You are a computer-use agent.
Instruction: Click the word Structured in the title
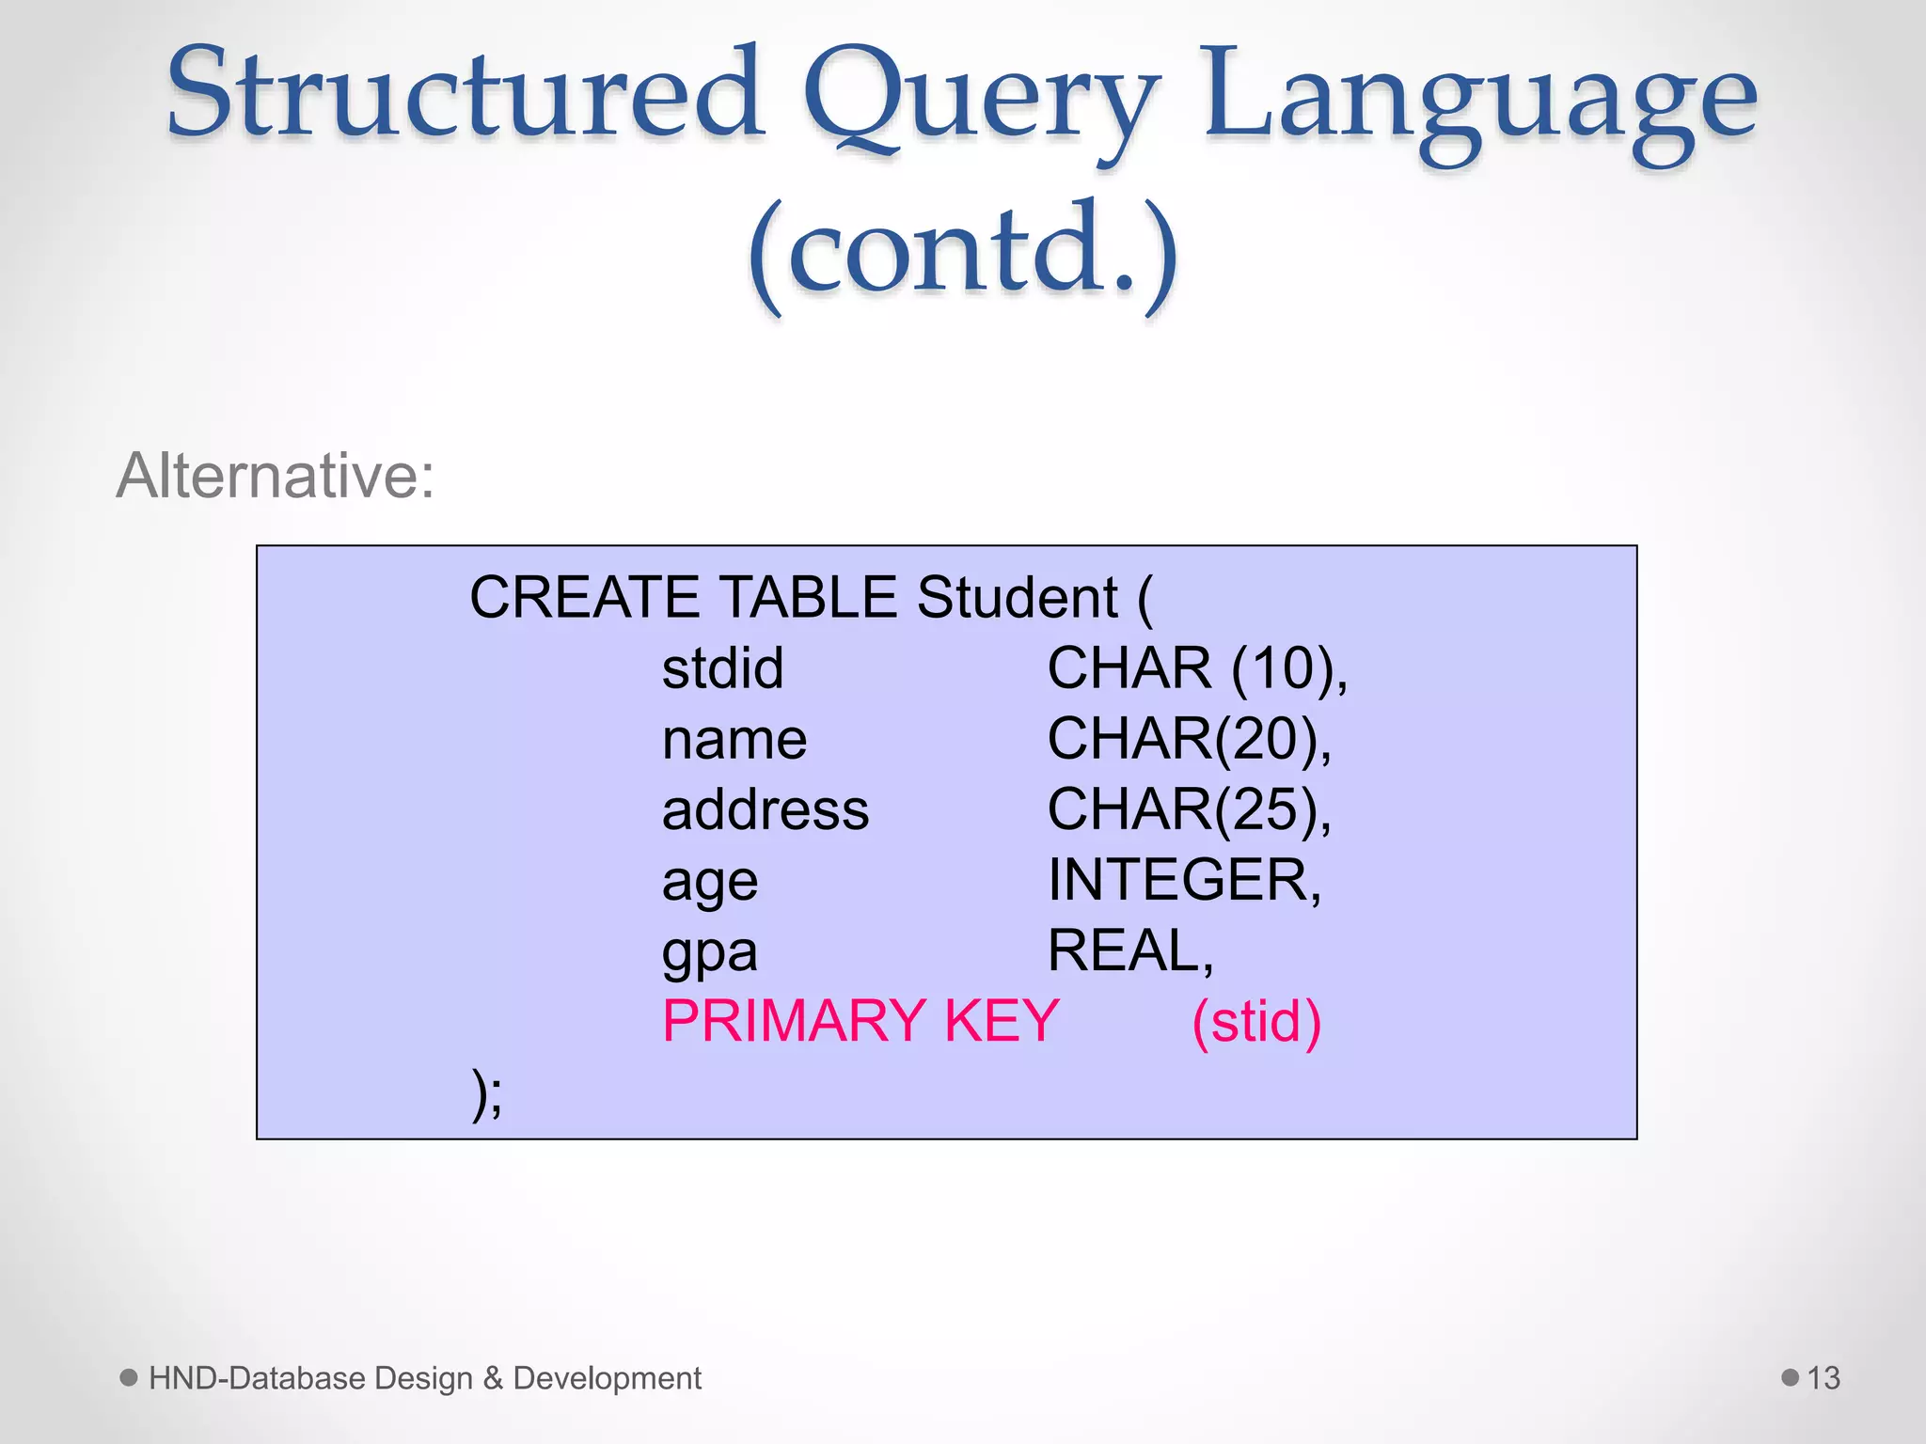(465, 94)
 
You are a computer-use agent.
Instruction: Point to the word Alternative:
(276, 476)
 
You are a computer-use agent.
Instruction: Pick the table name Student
(1018, 598)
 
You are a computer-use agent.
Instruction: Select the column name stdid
(722, 668)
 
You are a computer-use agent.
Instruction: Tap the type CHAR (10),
(1197, 668)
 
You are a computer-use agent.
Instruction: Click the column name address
(765, 809)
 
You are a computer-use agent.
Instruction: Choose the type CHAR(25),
(1189, 809)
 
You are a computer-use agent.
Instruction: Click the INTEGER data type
(1184, 880)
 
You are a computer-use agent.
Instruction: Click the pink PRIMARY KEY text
(860, 1021)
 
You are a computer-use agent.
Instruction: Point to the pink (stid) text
(1256, 1022)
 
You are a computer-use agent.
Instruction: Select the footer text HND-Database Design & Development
(424, 1378)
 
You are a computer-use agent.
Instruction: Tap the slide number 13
(1823, 1378)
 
